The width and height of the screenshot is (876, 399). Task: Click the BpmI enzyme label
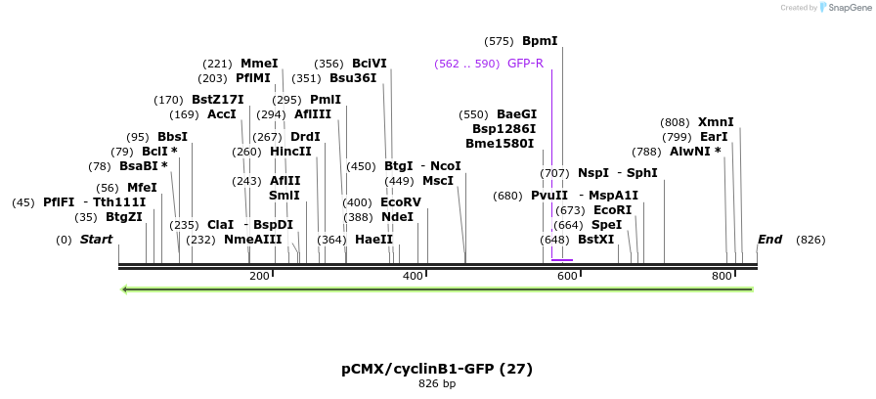click(x=540, y=41)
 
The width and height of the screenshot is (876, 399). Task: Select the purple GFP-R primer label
click(x=525, y=64)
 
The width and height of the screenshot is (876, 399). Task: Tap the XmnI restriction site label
click(x=716, y=122)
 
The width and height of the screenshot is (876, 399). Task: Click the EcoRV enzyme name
click(x=401, y=202)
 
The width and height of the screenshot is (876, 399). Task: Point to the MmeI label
click(x=259, y=64)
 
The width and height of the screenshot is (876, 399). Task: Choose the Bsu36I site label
click(x=353, y=78)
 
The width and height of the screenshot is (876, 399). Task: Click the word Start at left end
click(x=96, y=240)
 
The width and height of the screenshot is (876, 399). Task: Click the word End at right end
click(x=769, y=240)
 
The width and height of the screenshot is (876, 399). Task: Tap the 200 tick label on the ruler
click(x=259, y=277)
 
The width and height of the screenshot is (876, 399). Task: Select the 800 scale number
click(x=723, y=277)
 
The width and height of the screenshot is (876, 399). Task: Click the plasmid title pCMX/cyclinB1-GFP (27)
click(x=437, y=369)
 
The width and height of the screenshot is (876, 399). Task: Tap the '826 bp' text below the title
click(x=437, y=384)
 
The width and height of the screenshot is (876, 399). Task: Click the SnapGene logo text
click(x=846, y=7)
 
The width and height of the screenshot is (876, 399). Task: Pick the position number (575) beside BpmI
click(x=499, y=41)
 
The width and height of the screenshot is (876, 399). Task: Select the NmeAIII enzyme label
click(x=252, y=240)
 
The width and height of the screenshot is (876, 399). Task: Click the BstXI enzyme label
click(x=595, y=240)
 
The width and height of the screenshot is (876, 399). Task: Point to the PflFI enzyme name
click(x=59, y=202)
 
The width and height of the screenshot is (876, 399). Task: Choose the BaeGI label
click(x=516, y=114)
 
